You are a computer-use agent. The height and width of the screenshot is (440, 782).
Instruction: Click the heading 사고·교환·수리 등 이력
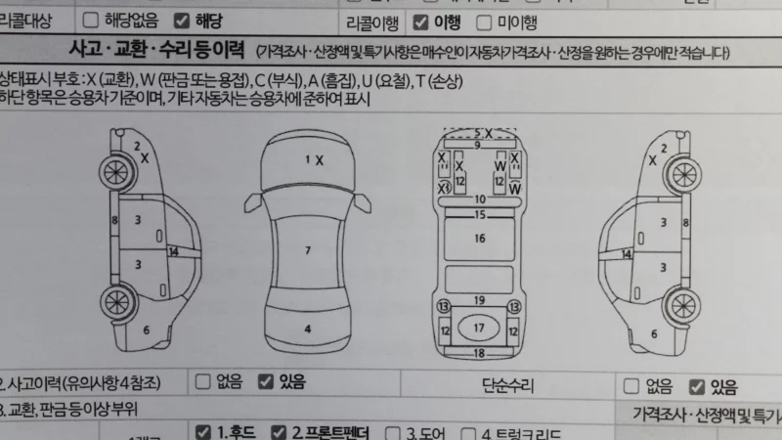pos(156,49)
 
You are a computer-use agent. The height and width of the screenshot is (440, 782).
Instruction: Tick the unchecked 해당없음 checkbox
pos(91,20)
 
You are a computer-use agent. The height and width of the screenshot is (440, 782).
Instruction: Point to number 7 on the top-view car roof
pos(308,251)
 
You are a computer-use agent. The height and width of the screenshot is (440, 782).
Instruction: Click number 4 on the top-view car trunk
pos(308,329)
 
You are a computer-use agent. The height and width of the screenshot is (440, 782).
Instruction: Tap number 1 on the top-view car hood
pos(308,158)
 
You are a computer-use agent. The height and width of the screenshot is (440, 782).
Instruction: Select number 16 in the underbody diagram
pos(479,238)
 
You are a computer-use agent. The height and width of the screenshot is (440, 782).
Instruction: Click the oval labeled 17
pos(479,327)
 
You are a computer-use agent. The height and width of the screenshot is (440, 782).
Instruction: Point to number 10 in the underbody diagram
pos(479,199)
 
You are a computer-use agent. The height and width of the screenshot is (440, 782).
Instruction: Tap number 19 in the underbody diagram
pos(479,299)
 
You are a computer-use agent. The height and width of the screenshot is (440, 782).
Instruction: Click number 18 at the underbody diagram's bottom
pos(479,352)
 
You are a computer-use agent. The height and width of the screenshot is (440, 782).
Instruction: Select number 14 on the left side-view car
pos(173,252)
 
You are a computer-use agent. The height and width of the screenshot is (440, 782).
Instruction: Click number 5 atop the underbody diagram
pos(477,132)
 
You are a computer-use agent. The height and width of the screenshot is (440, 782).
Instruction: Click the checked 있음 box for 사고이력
pos(264,382)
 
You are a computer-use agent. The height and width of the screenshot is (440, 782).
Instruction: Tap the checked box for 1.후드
pos(203,431)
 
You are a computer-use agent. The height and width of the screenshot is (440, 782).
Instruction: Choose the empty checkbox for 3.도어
pos(394,432)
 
